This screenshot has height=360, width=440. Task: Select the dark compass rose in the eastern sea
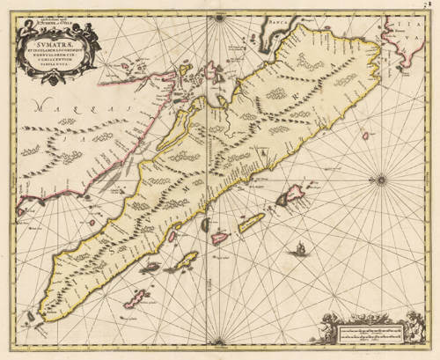380,181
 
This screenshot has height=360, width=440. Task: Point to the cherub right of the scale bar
413,327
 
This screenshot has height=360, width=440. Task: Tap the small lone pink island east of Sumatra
364,137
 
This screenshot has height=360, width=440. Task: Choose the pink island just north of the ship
285,201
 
